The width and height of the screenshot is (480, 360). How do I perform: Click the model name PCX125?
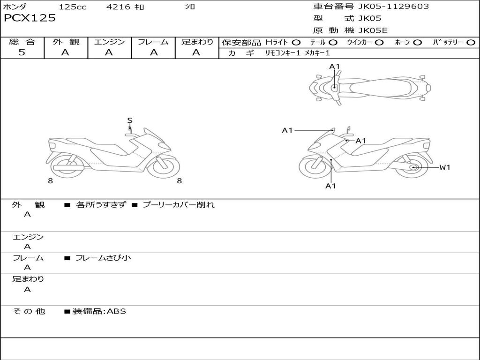click(x=30, y=18)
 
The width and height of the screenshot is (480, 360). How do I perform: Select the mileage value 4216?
click(x=119, y=7)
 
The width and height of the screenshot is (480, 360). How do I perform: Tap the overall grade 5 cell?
click(x=22, y=52)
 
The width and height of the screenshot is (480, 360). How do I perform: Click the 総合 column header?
click(x=22, y=42)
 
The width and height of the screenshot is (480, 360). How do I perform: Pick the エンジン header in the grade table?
click(x=110, y=42)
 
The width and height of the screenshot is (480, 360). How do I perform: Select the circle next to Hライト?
click(x=296, y=42)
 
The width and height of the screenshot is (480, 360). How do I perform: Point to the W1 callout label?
click(x=444, y=167)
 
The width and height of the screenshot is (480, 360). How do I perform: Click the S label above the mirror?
click(x=130, y=120)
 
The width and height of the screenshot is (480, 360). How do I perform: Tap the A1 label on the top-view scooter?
click(x=334, y=67)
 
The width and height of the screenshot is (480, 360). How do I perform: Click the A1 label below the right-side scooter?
click(x=331, y=186)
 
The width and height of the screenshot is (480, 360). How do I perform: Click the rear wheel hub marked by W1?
click(x=413, y=167)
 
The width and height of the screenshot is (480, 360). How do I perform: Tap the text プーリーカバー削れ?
click(x=178, y=205)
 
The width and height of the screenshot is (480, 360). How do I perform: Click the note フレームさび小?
click(x=103, y=258)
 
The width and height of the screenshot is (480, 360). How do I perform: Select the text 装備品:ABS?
click(x=99, y=311)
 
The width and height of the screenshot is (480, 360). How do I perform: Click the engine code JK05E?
click(x=373, y=30)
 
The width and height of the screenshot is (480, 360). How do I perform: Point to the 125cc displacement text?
click(x=72, y=7)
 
